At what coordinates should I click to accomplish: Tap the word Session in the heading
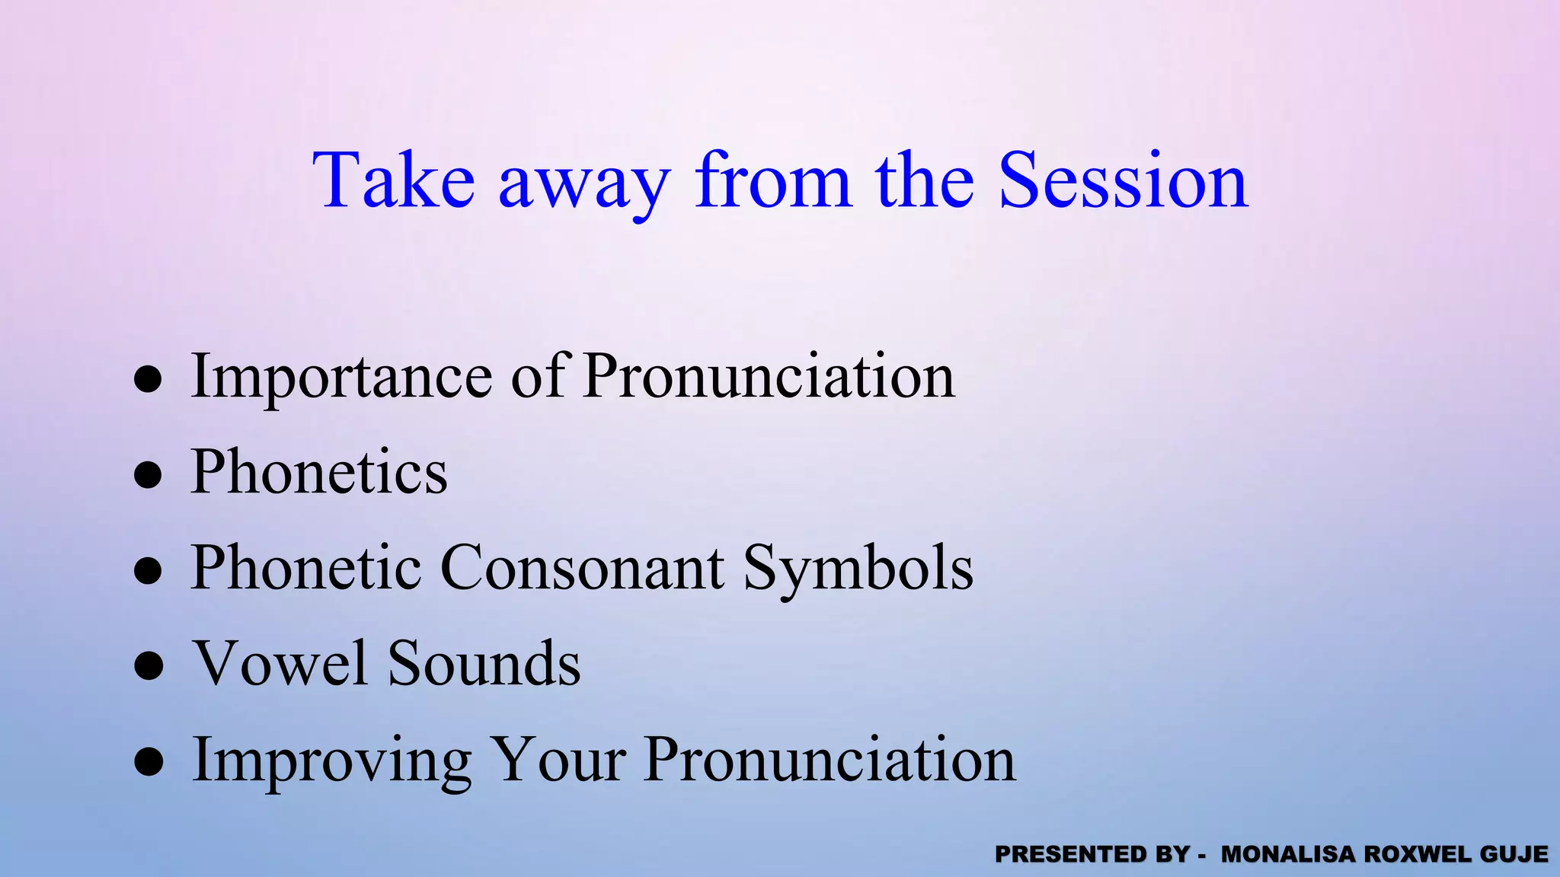(1123, 180)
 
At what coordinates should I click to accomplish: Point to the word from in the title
(772, 180)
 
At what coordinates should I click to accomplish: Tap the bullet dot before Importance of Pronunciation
(148, 378)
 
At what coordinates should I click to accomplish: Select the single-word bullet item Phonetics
(319, 472)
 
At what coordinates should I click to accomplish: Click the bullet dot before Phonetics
(148, 474)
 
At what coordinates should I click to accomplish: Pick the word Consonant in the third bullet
(582, 568)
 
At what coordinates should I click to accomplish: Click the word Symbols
(858, 569)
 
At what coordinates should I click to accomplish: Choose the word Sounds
(484, 663)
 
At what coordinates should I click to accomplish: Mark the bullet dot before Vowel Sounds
(148, 665)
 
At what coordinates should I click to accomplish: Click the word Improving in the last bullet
(331, 761)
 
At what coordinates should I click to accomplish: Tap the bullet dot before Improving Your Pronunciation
(148, 761)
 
